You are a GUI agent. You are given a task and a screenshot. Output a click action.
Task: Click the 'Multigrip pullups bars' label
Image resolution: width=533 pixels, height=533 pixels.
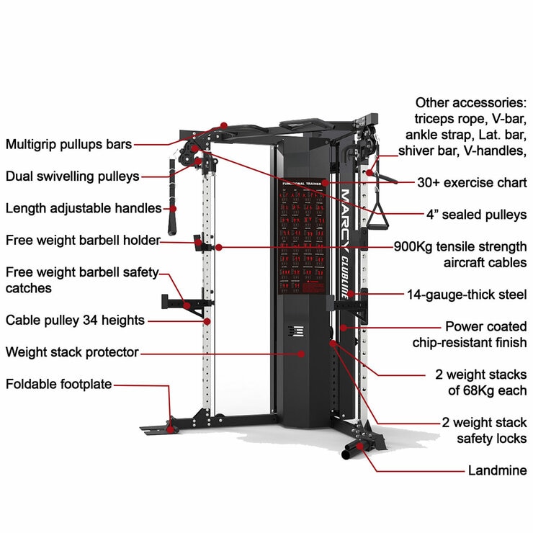pos(68,144)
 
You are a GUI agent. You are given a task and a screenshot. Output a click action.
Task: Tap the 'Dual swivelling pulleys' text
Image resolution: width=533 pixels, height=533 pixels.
pos(73,176)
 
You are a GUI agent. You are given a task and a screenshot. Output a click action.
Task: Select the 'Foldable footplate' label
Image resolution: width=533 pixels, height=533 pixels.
pos(59,384)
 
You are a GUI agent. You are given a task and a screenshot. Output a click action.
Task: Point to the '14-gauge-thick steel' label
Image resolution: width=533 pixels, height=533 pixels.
pos(467,295)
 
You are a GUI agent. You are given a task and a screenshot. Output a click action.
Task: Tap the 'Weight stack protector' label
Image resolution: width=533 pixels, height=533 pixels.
pos(72,352)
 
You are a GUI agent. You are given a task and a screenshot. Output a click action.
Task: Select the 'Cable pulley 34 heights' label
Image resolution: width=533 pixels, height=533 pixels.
pos(75,320)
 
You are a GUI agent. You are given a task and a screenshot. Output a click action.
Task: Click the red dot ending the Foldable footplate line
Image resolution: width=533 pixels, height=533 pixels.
pos(171,429)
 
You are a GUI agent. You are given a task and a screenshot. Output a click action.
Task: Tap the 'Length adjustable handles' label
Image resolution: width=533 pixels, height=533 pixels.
pos(84,208)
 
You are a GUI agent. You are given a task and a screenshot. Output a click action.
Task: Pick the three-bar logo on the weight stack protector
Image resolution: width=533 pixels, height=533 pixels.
pos(290,332)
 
